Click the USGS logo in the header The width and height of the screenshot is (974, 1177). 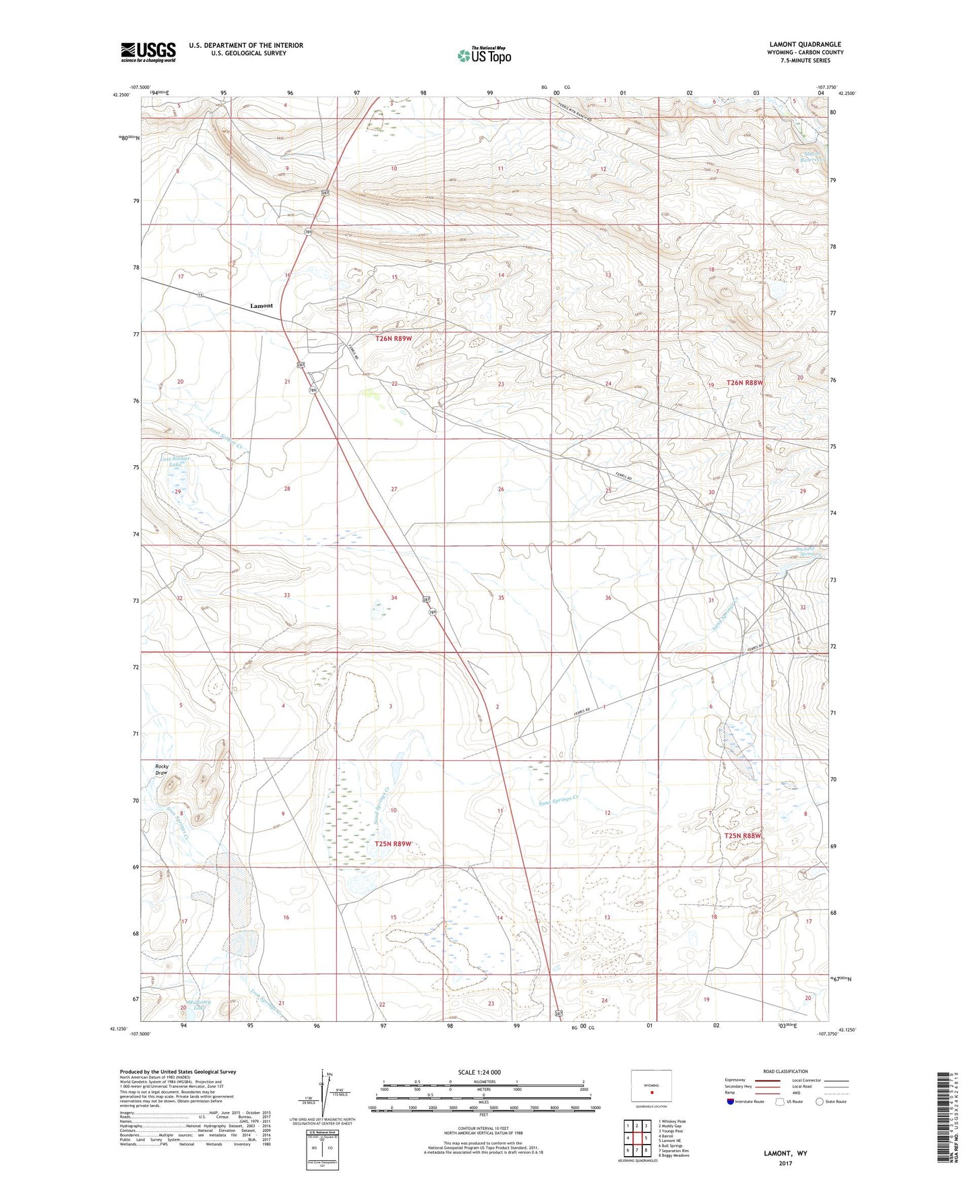coord(148,51)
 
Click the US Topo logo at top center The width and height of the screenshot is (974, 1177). coord(484,55)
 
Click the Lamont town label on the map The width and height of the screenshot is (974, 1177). coord(262,306)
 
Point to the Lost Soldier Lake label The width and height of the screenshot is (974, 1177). coord(175,462)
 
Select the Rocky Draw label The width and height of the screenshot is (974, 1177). coord(162,769)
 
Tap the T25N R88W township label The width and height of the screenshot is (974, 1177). coord(743,836)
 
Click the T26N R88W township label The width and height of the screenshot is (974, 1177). coord(745,382)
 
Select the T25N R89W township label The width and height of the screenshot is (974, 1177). coord(393,844)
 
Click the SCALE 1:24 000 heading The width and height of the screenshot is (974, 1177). coord(479,1073)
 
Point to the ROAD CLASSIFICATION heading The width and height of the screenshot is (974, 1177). coord(785,1071)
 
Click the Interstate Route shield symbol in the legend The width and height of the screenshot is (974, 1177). coord(731,1101)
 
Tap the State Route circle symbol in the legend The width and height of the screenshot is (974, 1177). coord(820,1101)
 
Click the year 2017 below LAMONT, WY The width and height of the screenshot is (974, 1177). coord(785,1163)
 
